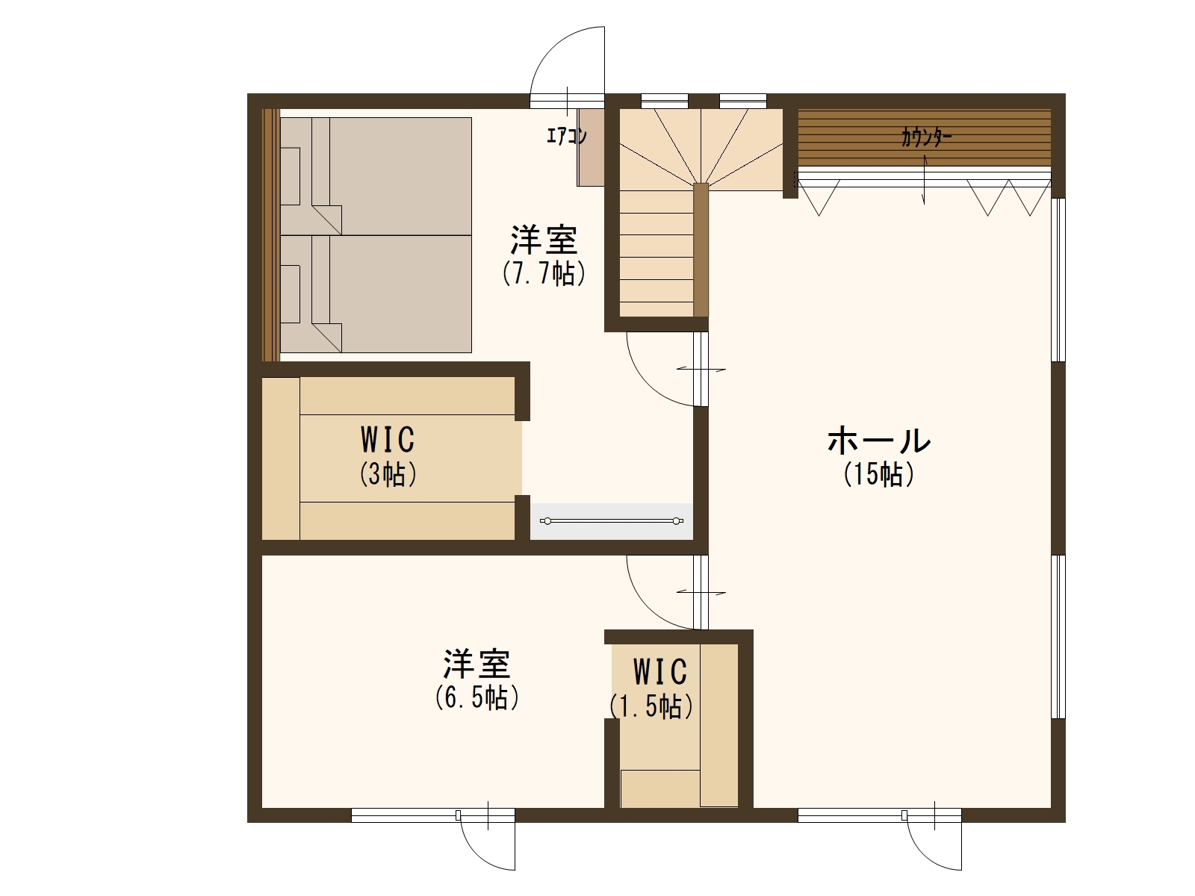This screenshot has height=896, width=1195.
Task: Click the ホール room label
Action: (878, 440)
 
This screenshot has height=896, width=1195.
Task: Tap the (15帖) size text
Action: (878, 474)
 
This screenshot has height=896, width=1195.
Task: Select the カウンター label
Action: (927, 137)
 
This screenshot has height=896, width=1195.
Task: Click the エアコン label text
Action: (566, 136)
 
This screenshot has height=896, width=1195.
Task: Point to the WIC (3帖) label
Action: (388, 456)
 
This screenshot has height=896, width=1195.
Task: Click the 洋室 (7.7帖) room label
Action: (543, 255)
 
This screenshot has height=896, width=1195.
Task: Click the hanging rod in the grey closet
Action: (611, 521)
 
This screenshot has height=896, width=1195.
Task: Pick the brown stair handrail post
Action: (701, 249)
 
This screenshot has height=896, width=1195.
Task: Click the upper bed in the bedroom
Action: (376, 176)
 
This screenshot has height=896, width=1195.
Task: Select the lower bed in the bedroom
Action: (376, 293)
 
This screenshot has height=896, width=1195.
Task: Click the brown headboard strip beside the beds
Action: (270, 235)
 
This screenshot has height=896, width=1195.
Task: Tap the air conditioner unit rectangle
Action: (592, 147)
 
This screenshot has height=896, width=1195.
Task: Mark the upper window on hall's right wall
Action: (1058, 279)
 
